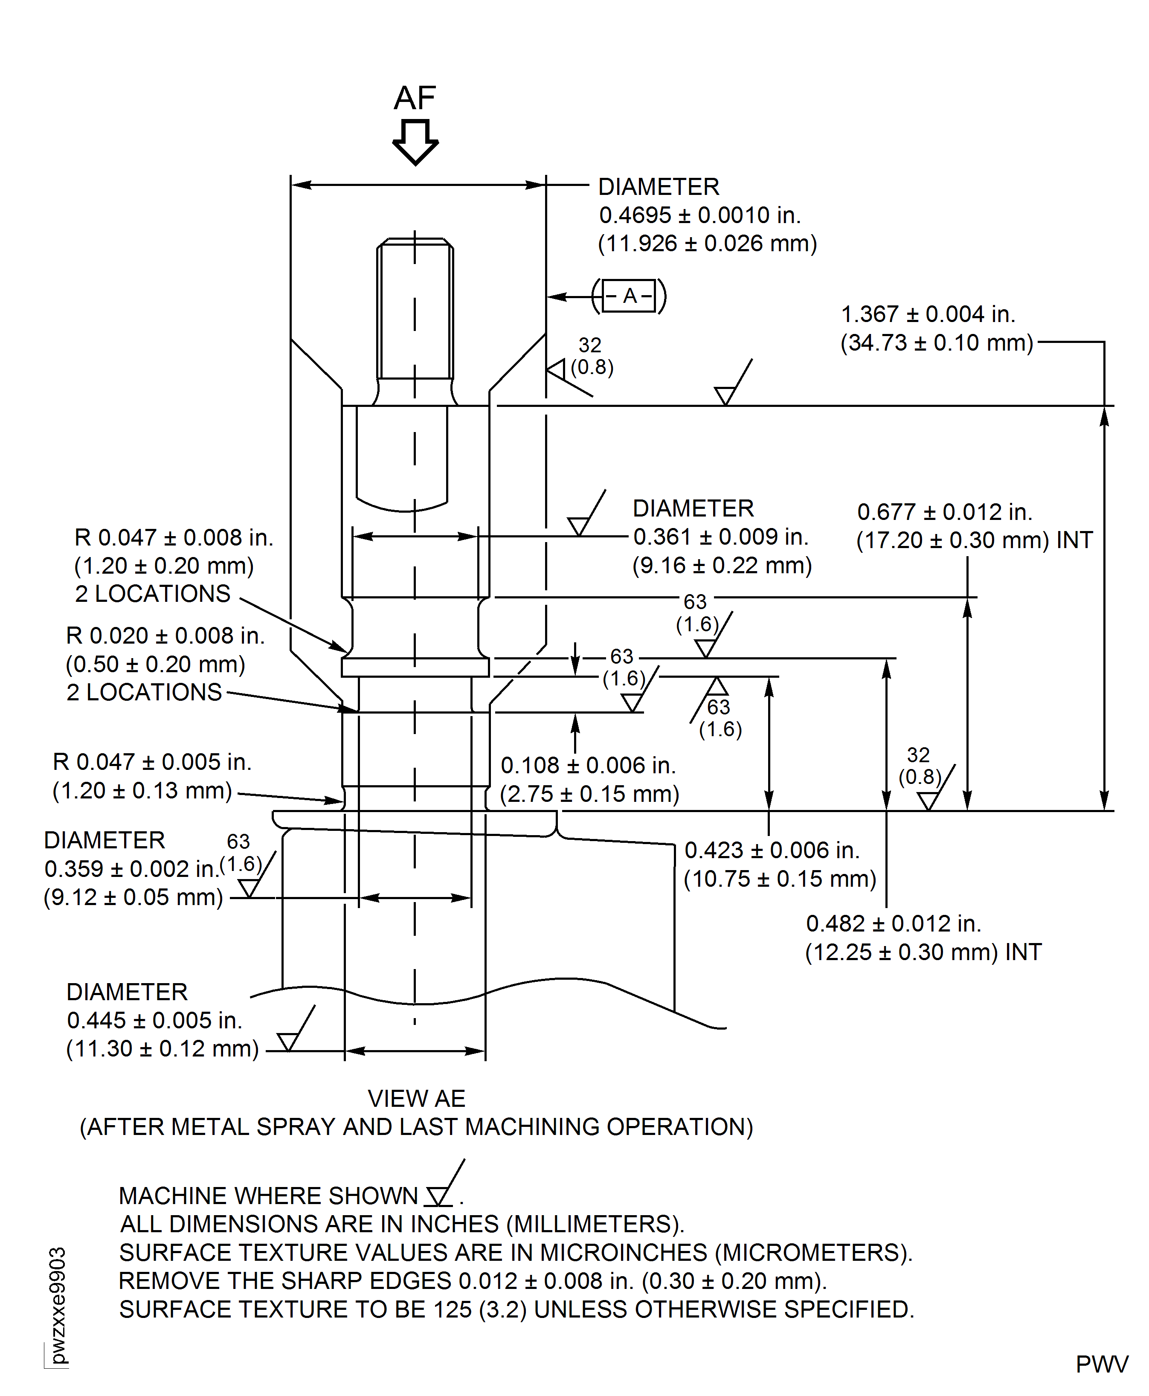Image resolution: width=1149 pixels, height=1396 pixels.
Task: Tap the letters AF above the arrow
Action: pos(415,98)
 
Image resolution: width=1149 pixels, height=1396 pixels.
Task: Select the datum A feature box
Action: pos(629,296)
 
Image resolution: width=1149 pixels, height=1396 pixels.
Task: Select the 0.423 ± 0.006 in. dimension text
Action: pos(772,850)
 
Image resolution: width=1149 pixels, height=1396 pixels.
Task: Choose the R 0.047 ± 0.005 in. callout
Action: pos(152,762)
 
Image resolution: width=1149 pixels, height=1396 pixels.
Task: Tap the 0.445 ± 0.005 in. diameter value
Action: pos(154,1020)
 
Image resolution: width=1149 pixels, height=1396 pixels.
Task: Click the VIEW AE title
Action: pos(416,1099)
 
